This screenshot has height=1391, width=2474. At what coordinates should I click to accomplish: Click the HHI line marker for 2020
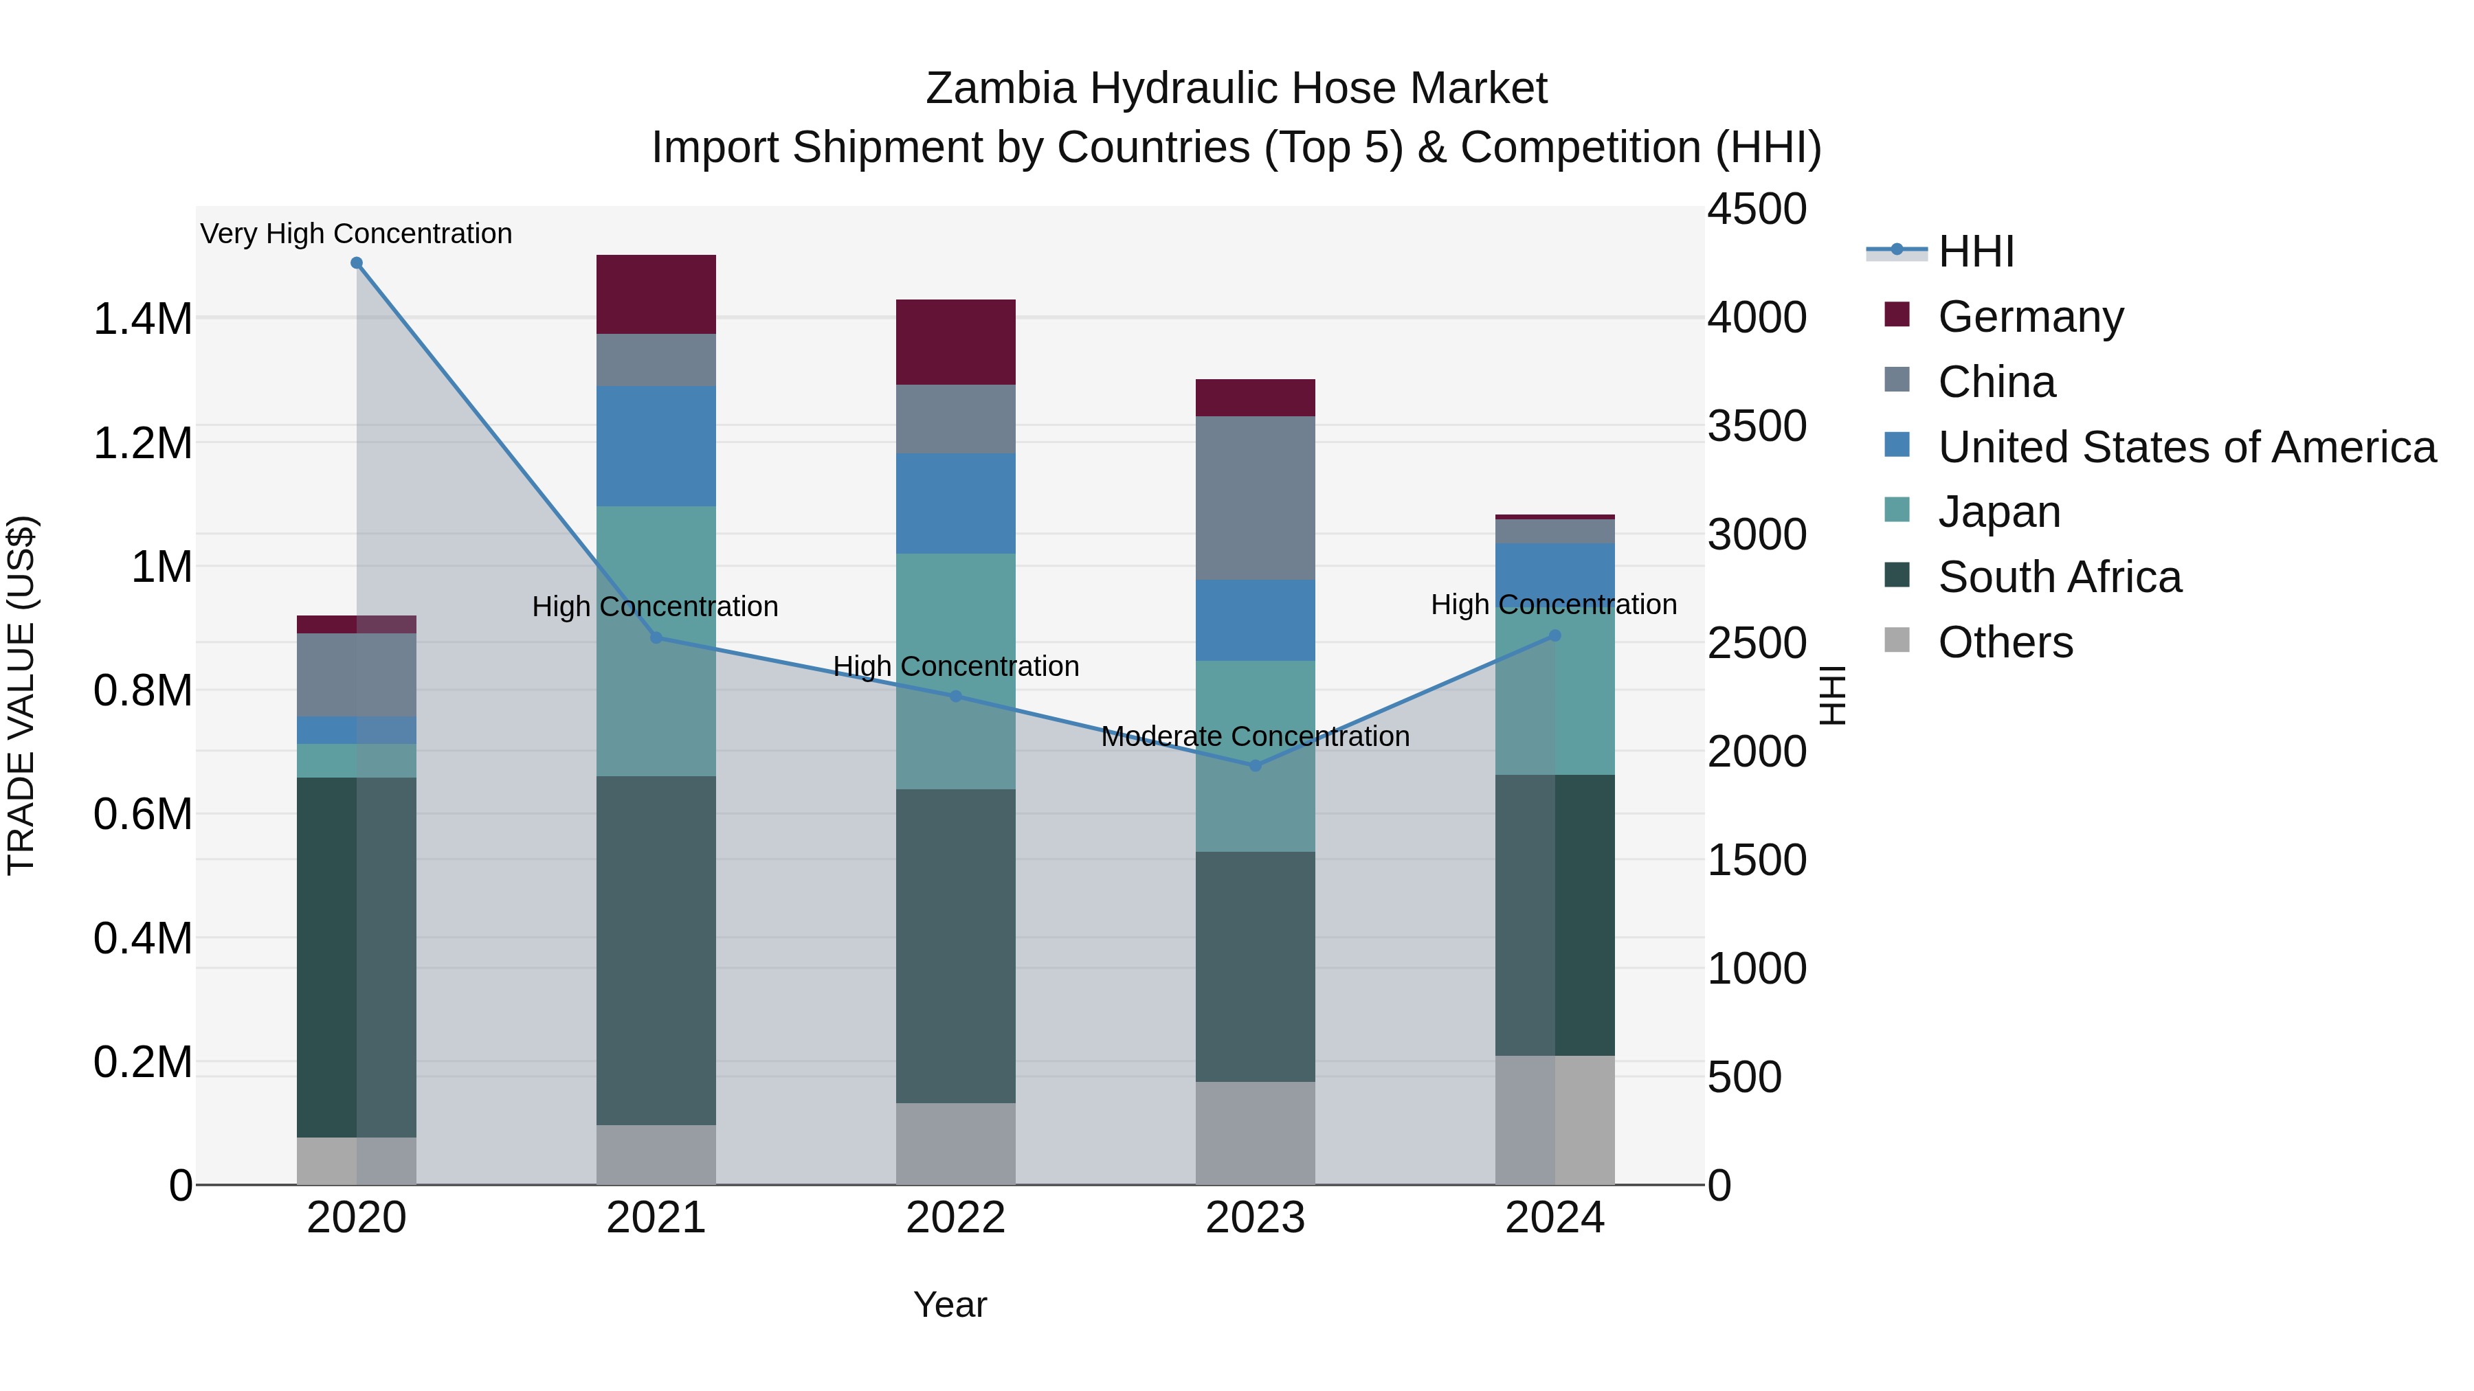pyautogui.click(x=356, y=263)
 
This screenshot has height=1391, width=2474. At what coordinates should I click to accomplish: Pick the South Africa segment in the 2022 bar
pyautogui.click(x=956, y=946)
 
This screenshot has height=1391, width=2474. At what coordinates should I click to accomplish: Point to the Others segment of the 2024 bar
pyautogui.click(x=1555, y=1120)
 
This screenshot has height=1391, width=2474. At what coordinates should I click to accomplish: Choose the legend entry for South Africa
pyautogui.click(x=2058, y=577)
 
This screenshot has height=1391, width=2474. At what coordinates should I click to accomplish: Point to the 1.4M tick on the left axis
pyautogui.click(x=142, y=319)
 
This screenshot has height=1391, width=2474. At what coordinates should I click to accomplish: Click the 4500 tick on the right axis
pyautogui.click(x=1757, y=210)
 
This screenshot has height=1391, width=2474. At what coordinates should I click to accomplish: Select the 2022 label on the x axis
pyautogui.click(x=956, y=1218)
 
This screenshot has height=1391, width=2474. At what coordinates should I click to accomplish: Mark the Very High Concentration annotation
pyautogui.click(x=356, y=234)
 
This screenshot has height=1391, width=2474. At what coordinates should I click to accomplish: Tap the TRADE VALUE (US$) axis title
pyautogui.click(x=21, y=695)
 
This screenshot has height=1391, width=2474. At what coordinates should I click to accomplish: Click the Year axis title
pyautogui.click(x=950, y=1304)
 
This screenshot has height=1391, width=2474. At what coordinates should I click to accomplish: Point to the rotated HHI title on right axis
pyautogui.click(x=1832, y=695)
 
